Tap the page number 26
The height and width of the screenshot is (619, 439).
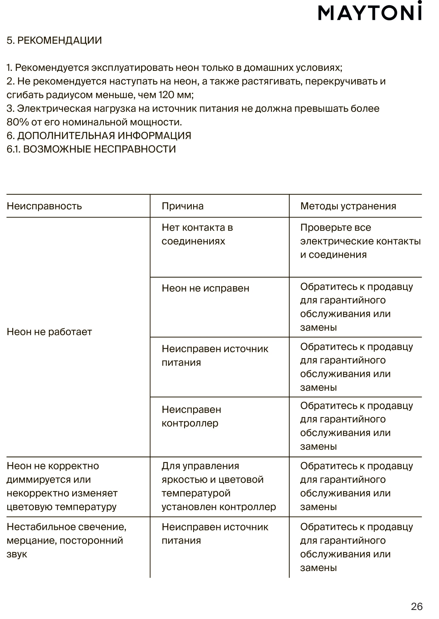pyautogui.click(x=416, y=606)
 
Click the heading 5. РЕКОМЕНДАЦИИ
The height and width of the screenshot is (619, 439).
pyautogui.click(x=54, y=40)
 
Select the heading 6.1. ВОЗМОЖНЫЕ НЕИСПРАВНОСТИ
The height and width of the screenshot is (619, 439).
pyautogui.click(x=91, y=149)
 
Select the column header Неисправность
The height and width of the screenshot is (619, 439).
pyautogui.click(x=44, y=206)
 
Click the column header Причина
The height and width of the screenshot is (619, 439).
pyautogui.click(x=182, y=206)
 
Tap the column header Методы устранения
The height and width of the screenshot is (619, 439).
pyautogui.click(x=348, y=206)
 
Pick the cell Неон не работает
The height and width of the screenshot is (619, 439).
pyautogui.click(x=49, y=332)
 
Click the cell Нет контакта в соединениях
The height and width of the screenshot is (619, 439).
pyautogui.click(x=197, y=234)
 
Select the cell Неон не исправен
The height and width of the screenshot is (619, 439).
pyautogui.click(x=205, y=288)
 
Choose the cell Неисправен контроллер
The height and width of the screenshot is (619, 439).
pyautogui.click(x=191, y=416)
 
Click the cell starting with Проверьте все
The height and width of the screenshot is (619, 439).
pyautogui.click(x=360, y=241)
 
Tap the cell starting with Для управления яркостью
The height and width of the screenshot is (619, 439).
pyautogui.click(x=218, y=486)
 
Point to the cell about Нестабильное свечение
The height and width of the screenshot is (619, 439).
pyautogui.click(x=66, y=540)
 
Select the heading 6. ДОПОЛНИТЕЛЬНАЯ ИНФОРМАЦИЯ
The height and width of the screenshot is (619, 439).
pyautogui.click(x=99, y=136)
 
